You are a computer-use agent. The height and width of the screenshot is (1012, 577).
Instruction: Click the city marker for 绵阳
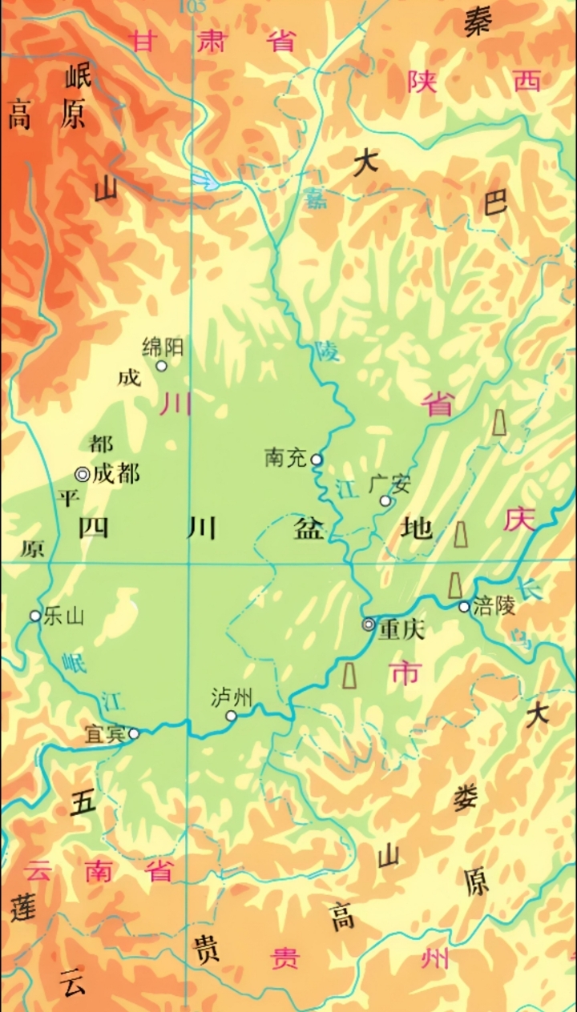coord(161,366)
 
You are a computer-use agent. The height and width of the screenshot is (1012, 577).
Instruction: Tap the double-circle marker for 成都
coord(82,474)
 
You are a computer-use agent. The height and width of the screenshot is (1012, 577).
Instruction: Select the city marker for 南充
coord(317,460)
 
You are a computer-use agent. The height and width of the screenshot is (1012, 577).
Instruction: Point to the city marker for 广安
coord(385,501)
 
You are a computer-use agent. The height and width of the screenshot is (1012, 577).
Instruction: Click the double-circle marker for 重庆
coord(369,624)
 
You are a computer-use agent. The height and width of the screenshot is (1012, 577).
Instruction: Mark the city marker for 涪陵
coord(464,607)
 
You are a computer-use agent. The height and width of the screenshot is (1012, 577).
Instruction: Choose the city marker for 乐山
coord(35,616)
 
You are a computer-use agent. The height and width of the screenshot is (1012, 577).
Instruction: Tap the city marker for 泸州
coord(231,716)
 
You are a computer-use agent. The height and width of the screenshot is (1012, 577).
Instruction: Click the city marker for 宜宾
coord(134,733)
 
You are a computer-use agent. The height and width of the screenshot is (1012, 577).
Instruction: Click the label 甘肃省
coord(213,41)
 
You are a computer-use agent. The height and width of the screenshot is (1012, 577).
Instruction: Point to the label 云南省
coord(100,870)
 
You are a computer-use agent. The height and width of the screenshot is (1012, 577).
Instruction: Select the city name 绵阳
coord(163,347)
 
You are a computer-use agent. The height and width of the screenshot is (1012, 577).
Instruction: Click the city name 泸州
coord(232,697)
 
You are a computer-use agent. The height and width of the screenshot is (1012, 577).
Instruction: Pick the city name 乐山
coord(64,616)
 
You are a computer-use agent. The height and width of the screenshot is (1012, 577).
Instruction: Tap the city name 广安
coord(389,484)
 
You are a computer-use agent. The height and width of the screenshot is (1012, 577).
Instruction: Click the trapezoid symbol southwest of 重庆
coord(349,675)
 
